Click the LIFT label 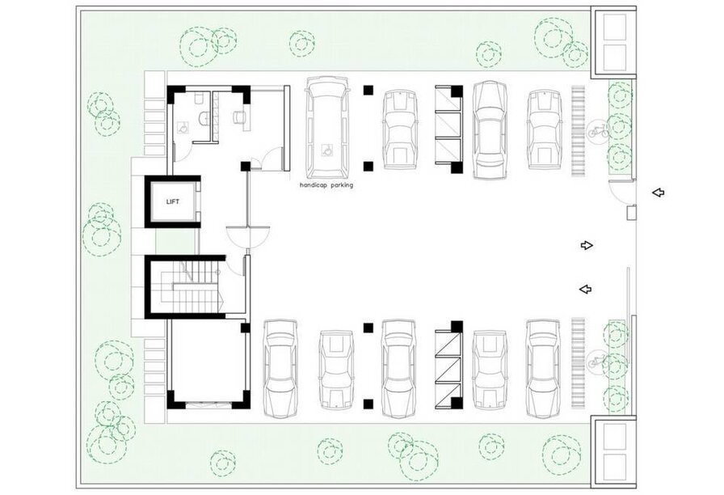click(x=173, y=201)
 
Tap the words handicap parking click(x=326, y=185)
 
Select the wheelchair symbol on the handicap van click(x=327, y=150)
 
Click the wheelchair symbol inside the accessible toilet click(x=183, y=128)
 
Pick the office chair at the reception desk click(x=238, y=117)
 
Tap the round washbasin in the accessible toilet click(x=203, y=119)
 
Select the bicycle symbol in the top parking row click(x=598, y=131)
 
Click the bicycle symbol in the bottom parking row click(x=598, y=361)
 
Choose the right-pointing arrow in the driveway click(x=587, y=245)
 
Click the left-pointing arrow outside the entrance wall click(x=659, y=192)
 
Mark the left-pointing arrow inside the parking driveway click(x=586, y=290)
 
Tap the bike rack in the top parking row click(x=578, y=131)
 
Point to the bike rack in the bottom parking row click(x=578, y=363)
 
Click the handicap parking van click(x=327, y=128)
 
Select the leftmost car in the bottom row click(x=280, y=369)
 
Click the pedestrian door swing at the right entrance click(x=621, y=191)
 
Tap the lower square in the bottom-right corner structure click(x=615, y=465)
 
